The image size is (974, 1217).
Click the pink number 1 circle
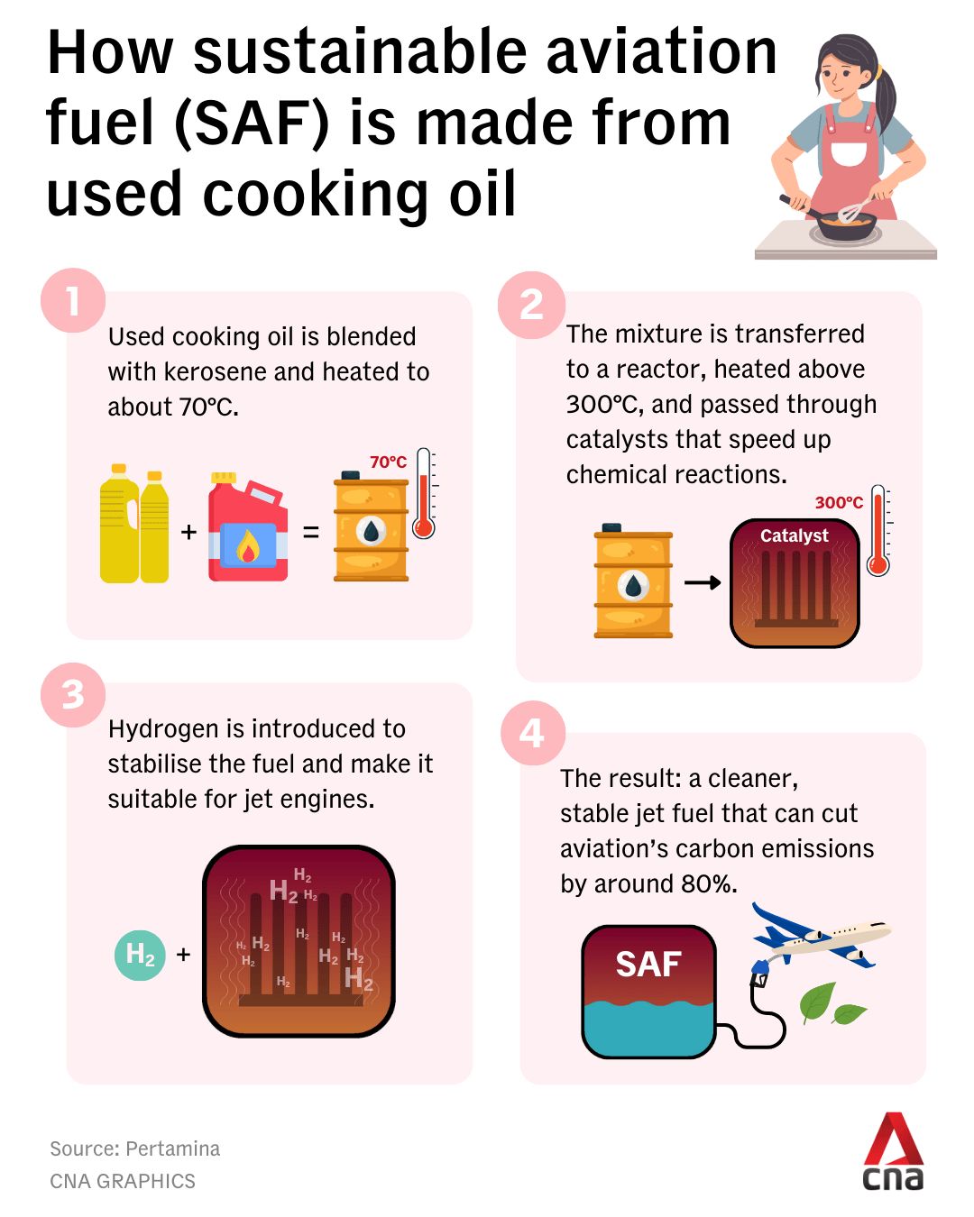73,299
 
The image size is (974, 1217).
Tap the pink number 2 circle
531,305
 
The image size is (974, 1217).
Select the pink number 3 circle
73,694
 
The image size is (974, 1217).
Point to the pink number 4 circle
533,733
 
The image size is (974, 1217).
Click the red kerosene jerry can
248,526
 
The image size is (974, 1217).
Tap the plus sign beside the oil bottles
188,532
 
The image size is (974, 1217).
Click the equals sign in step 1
311,532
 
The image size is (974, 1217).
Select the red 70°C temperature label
388,462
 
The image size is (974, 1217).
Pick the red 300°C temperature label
839,502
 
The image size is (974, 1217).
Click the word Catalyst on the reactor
794,535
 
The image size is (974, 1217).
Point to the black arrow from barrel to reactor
703,582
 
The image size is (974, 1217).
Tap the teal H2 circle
140,956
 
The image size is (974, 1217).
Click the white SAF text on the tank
648,965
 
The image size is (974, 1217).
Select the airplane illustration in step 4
822,936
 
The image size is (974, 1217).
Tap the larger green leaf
817,1002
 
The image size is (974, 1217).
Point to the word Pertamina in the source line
172,1149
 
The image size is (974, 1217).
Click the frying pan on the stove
835,222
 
